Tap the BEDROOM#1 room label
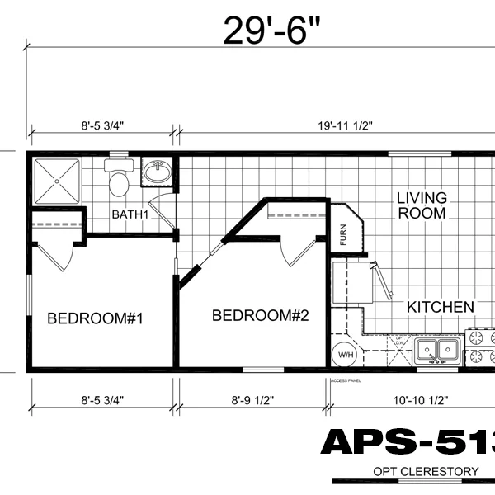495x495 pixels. [x=95, y=318]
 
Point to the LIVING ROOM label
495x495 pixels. [x=422, y=205]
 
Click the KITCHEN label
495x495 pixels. [x=441, y=307]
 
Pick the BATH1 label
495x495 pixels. [x=130, y=215]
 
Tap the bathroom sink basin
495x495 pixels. [x=157, y=172]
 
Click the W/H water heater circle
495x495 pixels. [x=343, y=356]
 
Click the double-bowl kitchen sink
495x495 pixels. [x=437, y=350]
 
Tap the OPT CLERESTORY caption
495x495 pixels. [x=425, y=471]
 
